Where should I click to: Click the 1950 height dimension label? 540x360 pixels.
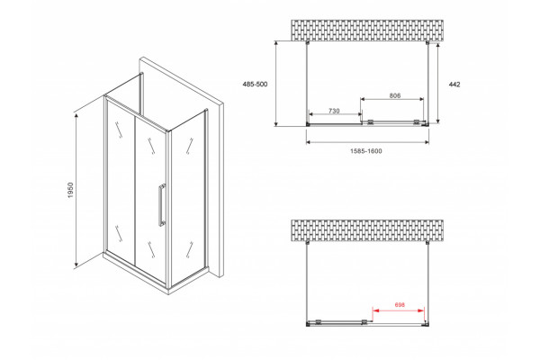70,190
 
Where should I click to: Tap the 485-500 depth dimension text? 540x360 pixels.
256,84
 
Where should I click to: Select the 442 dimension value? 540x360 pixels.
454,85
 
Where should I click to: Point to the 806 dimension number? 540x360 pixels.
395,95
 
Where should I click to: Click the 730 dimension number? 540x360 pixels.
334,111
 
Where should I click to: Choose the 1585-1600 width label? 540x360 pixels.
366,151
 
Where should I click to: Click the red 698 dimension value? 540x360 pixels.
400,304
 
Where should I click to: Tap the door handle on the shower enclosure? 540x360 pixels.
161,205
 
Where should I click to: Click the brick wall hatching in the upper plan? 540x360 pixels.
367,31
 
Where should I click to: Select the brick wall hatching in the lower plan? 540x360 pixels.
367,230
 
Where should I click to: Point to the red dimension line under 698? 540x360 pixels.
399,310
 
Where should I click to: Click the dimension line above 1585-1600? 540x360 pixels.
367,142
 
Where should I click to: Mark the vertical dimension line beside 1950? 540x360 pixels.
76,191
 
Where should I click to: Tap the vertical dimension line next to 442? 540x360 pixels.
437,83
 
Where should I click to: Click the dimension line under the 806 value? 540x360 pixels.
391,99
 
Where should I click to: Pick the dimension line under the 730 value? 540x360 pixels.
335,114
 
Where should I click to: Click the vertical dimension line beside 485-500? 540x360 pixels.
276,84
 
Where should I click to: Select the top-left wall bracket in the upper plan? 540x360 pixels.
307,42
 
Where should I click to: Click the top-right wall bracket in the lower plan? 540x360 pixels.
427,242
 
